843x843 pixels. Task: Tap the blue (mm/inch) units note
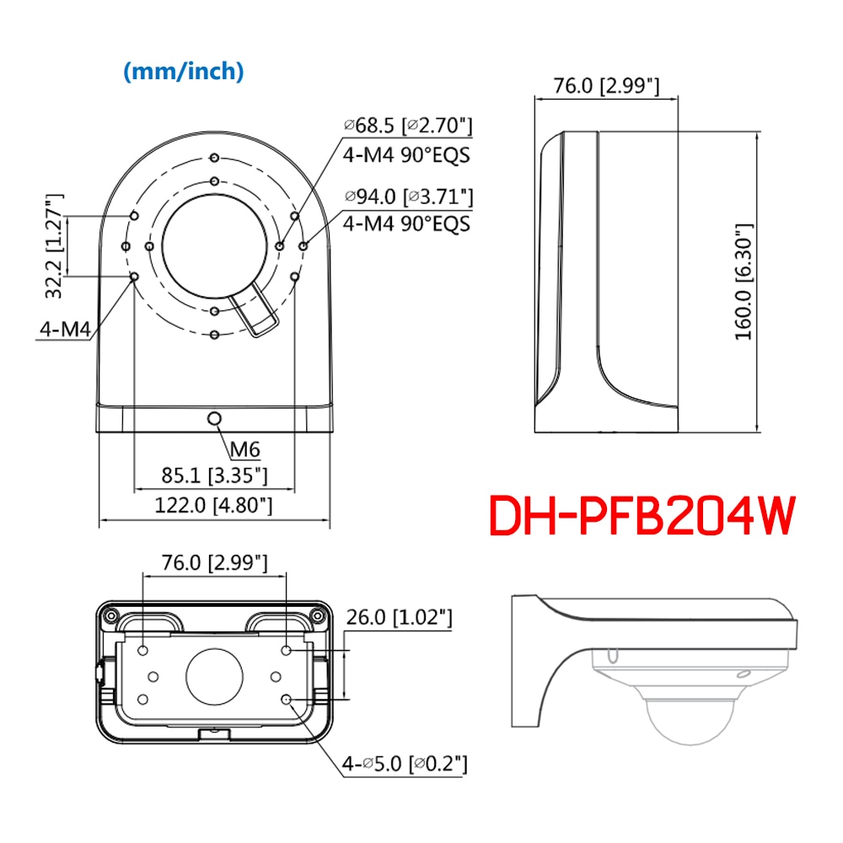click(184, 72)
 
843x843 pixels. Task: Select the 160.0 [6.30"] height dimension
click(743, 281)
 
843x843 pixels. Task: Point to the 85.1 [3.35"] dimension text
click(214, 475)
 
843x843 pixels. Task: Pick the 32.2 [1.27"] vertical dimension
click(55, 245)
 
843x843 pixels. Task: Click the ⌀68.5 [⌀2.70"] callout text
click(407, 126)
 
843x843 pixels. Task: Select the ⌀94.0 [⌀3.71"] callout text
click(407, 196)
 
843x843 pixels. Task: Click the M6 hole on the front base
click(215, 419)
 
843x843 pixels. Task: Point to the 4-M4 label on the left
click(64, 329)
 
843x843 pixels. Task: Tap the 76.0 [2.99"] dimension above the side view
click(605, 85)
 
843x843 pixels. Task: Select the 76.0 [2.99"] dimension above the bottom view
click(215, 562)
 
